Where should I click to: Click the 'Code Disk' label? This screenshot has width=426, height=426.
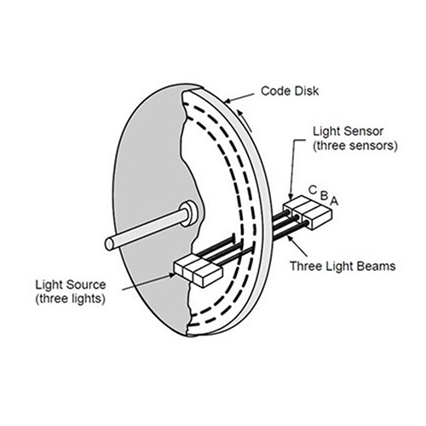click(x=290, y=91)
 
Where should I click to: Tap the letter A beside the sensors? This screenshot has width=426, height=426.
click(x=334, y=201)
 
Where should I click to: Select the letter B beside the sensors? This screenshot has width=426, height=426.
click(x=325, y=196)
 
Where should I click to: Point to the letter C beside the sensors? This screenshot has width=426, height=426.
click(x=313, y=190)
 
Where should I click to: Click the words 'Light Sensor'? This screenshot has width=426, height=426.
click(x=348, y=131)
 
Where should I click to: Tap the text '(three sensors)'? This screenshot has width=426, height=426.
click(x=355, y=146)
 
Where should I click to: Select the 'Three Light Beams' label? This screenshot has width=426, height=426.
click(x=343, y=267)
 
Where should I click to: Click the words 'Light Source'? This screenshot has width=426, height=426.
click(x=71, y=285)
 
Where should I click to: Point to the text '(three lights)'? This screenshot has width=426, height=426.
click(x=71, y=299)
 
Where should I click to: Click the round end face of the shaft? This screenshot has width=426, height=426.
click(x=110, y=244)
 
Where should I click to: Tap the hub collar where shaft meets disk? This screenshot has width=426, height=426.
click(x=189, y=214)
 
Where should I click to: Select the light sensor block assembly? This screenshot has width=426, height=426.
click(x=308, y=212)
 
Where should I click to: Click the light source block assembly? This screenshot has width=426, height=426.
click(x=198, y=270)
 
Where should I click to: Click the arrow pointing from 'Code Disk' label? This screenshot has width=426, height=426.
click(x=238, y=97)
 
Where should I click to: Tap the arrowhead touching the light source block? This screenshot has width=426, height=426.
click(x=171, y=275)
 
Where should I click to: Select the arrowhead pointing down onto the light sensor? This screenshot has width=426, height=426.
click(x=291, y=196)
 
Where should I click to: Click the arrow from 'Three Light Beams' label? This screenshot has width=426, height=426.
click(x=296, y=246)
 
